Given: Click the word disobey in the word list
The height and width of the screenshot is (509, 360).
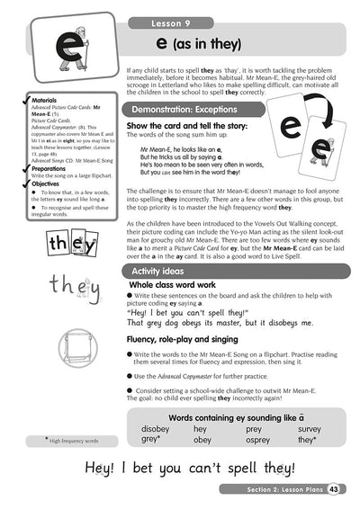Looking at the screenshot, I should coord(155,428).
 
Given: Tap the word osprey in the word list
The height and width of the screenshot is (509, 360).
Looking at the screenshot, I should coord(258,439).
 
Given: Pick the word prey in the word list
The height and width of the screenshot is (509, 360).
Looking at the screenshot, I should coord(253,428).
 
